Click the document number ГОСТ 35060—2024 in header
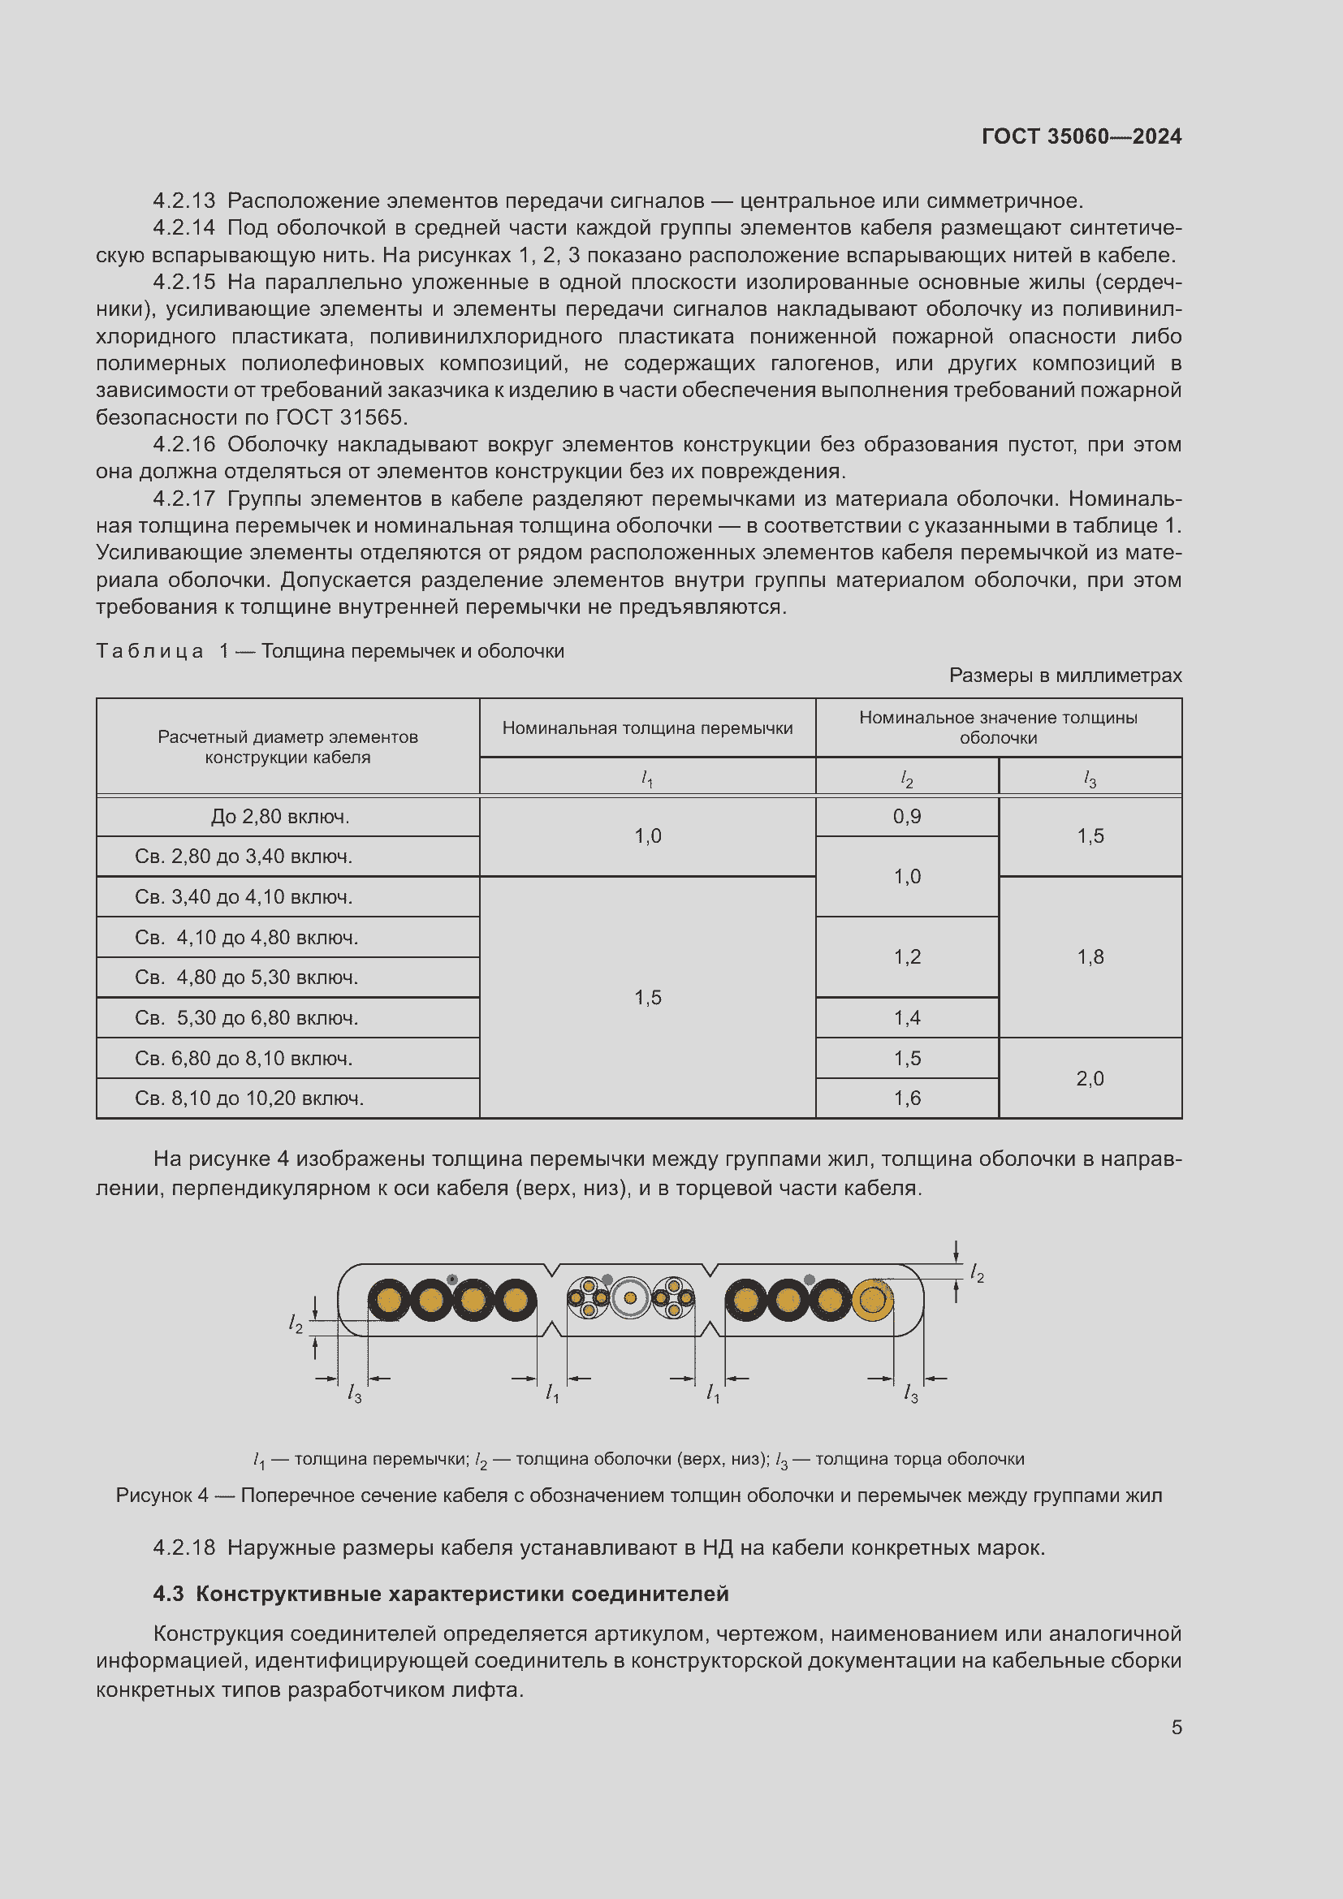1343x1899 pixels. click(x=1081, y=136)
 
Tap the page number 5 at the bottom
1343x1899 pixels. click(x=1176, y=1727)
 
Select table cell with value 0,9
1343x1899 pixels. click(x=906, y=816)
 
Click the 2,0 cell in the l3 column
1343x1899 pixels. click(x=1089, y=1077)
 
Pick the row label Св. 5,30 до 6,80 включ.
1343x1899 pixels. click(x=247, y=1017)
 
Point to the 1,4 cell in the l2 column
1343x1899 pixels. click(x=906, y=1017)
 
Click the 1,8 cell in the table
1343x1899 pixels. click(x=1089, y=957)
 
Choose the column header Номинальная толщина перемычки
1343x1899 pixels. click(x=646, y=727)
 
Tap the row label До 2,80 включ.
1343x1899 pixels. click(x=279, y=816)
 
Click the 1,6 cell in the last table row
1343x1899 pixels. click(x=906, y=1098)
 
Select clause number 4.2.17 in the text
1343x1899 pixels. click(x=184, y=498)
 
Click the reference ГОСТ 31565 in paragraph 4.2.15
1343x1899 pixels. click(x=339, y=416)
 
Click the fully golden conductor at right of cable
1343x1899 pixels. click(x=871, y=1300)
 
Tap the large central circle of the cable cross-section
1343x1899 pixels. click(x=630, y=1297)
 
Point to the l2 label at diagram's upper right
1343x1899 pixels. click(x=977, y=1273)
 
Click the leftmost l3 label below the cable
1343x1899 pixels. click(x=354, y=1394)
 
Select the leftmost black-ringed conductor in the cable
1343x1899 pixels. click(x=389, y=1300)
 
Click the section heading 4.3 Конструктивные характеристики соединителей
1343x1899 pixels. click(x=441, y=1594)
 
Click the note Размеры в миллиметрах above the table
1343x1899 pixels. click(x=1064, y=675)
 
